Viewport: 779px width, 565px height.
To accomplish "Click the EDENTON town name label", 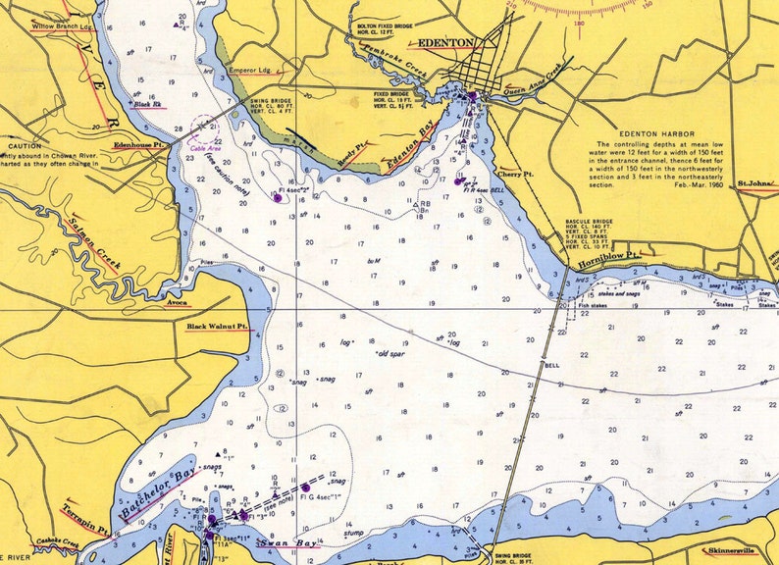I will click(x=446, y=43).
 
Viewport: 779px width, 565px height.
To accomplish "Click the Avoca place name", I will click(x=177, y=303).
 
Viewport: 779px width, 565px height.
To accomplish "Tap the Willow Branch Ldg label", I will click(x=61, y=26).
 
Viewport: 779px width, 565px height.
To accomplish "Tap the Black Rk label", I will click(x=149, y=104).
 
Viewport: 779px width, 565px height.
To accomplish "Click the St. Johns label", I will click(x=756, y=182).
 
